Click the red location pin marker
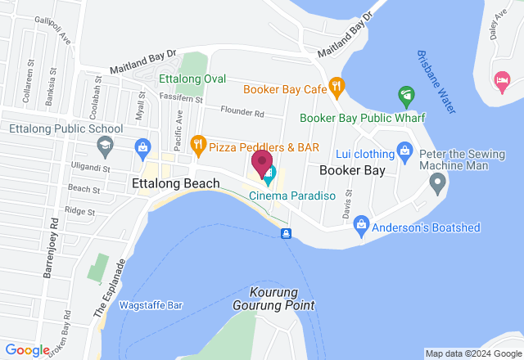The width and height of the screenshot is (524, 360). [262, 164]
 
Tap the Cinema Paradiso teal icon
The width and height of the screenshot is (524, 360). [269, 174]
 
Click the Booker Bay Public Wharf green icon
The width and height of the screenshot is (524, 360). [405, 97]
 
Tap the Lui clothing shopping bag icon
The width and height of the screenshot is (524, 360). [404, 151]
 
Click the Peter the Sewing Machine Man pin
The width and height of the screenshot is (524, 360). [438, 181]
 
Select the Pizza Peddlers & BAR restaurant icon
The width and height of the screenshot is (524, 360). [197, 146]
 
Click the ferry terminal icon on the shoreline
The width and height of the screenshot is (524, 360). [286, 234]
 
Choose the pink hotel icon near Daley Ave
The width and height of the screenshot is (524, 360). [501, 79]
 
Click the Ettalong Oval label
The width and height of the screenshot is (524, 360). [192, 79]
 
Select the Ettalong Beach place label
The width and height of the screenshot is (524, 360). [175, 184]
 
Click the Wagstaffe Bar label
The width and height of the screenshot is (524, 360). [150, 305]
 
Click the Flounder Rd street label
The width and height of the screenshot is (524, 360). [247, 114]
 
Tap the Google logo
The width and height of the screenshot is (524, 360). [28, 350]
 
